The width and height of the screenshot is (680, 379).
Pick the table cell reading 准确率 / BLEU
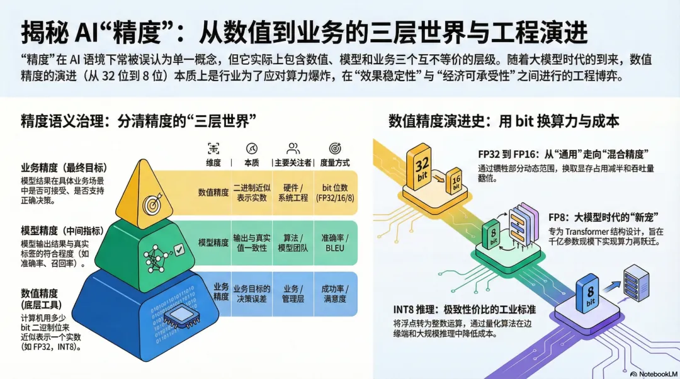(334, 242)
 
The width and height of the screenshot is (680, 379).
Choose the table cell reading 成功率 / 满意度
(334, 293)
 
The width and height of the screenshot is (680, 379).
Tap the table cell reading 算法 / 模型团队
(293, 242)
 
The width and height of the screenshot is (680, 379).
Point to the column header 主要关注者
(293, 162)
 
